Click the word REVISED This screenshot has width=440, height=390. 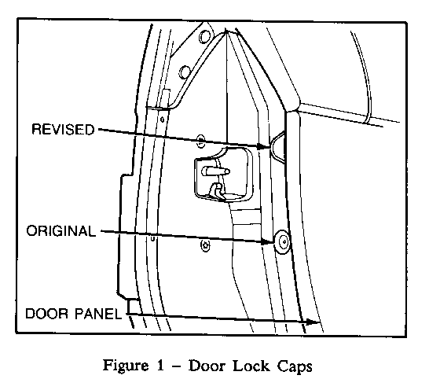pos(63,130)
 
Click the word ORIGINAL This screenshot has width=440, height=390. pos(61,231)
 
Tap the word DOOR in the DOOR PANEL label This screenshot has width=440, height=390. pos(46,314)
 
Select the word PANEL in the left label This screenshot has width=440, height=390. pos(98,314)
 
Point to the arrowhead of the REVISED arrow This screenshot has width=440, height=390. pos(264,146)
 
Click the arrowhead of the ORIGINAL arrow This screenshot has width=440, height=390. pos(267,241)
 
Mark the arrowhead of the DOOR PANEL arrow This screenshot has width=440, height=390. pos(313,322)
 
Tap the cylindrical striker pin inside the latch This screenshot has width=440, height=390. pos(215,171)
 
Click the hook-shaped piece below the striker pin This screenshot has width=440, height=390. pos(218,192)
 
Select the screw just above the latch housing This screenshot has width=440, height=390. pos(200,140)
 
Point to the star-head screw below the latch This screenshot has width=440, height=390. pos(205,245)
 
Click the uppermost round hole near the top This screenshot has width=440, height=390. pos(204,36)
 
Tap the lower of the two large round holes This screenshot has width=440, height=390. pos(185,72)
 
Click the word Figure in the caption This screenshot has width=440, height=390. pos(125,366)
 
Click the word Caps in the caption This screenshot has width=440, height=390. pos(295,366)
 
